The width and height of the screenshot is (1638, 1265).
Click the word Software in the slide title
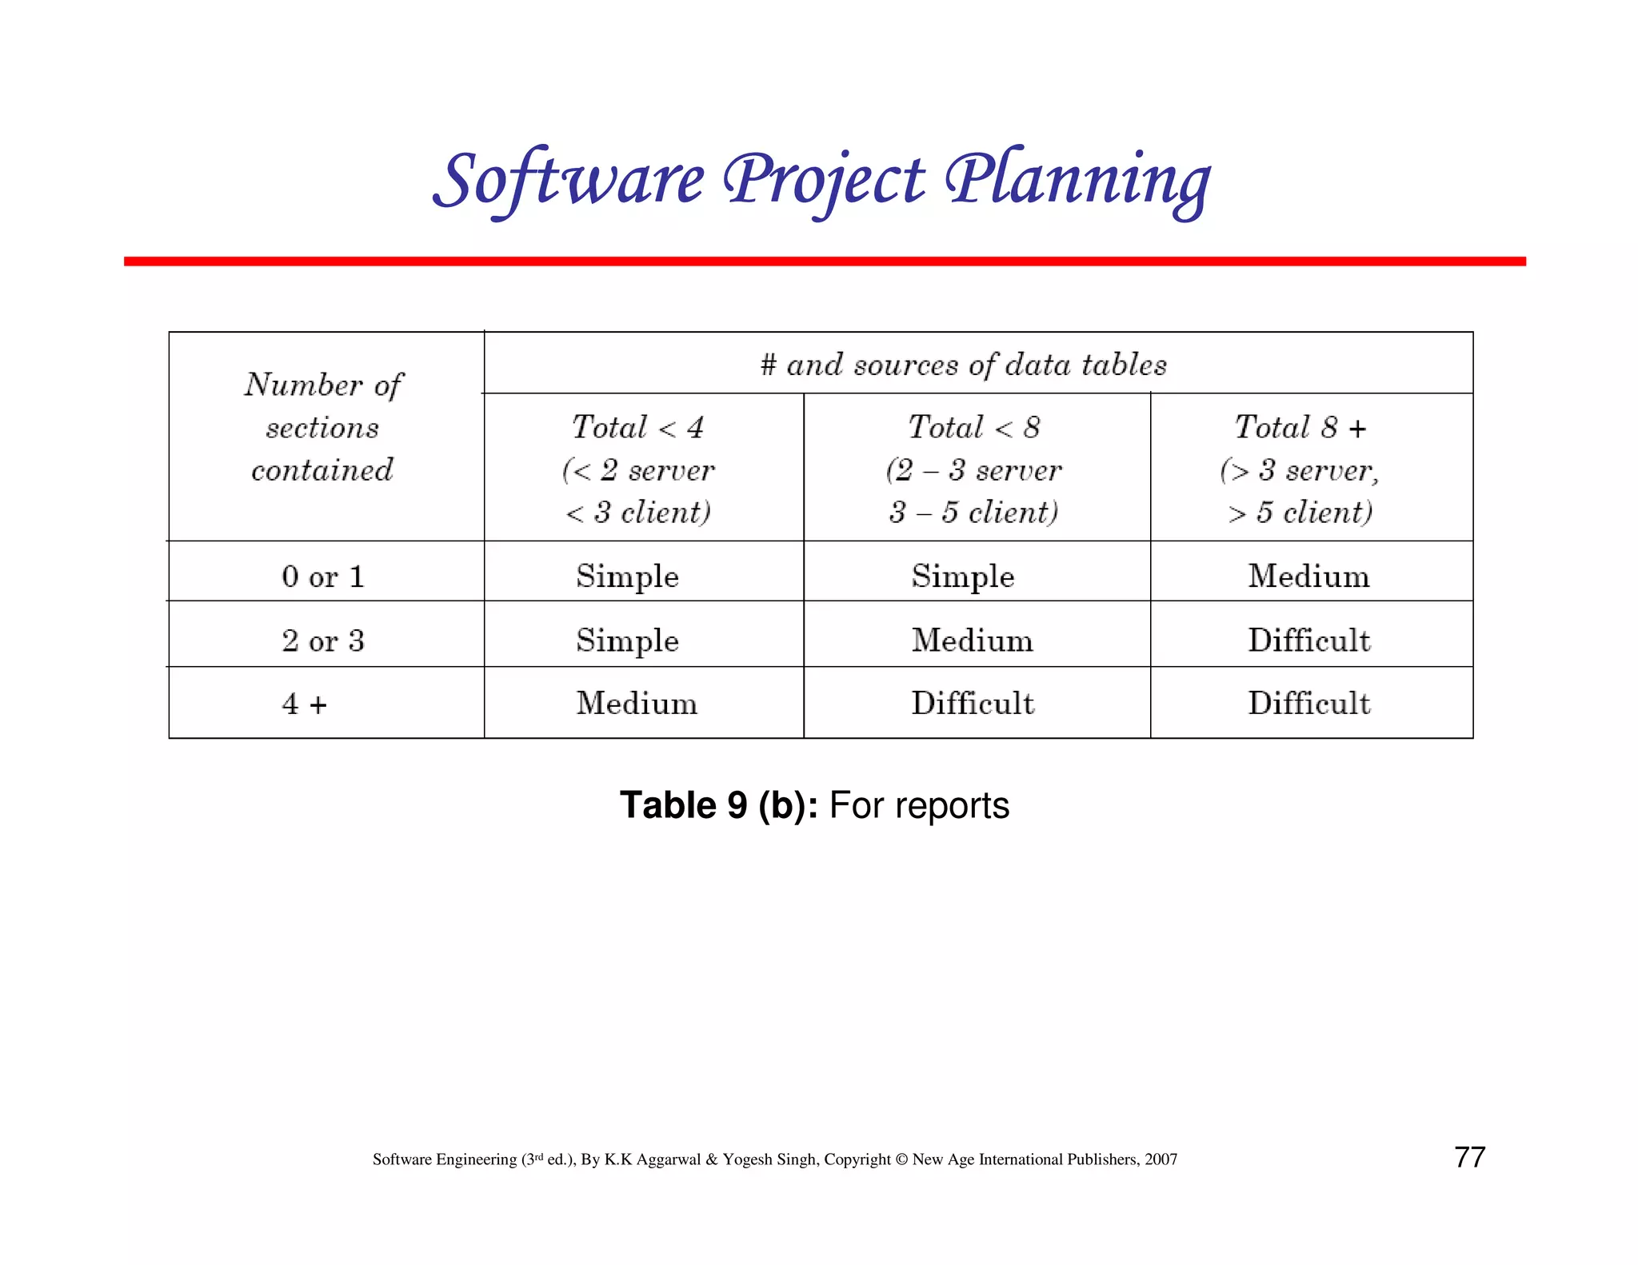(x=569, y=181)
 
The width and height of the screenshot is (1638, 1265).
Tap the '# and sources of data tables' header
(x=963, y=365)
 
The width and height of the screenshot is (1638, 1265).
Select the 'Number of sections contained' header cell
(x=323, y=427)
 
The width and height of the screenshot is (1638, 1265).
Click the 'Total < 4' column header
(x=638, y=427)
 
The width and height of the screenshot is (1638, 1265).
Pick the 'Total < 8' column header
(x=974, y=427)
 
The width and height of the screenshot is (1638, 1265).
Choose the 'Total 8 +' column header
(x=1300, y=427)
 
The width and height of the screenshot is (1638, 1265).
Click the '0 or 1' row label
(x=323, y=576)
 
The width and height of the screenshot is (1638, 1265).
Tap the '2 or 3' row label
(x=323, y=640)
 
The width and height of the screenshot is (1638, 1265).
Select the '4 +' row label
(x=305, y=704)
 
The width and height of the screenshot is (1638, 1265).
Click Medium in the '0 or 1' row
(x=1308, y=576)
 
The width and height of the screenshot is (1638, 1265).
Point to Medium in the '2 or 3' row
(x=973, y=640)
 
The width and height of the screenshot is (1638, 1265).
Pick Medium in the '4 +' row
(x=637, y=704)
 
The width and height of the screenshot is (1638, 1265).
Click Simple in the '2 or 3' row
(x=627, y=640)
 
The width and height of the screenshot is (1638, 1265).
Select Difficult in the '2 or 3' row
(x=1309, y=640)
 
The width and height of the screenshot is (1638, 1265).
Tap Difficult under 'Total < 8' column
(x=973, y=704)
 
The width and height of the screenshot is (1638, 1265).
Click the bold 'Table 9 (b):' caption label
(x=718, y=805)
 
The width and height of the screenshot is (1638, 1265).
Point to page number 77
(x=1469, y=1157)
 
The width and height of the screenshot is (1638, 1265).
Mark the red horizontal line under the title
(x=824, y=261)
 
